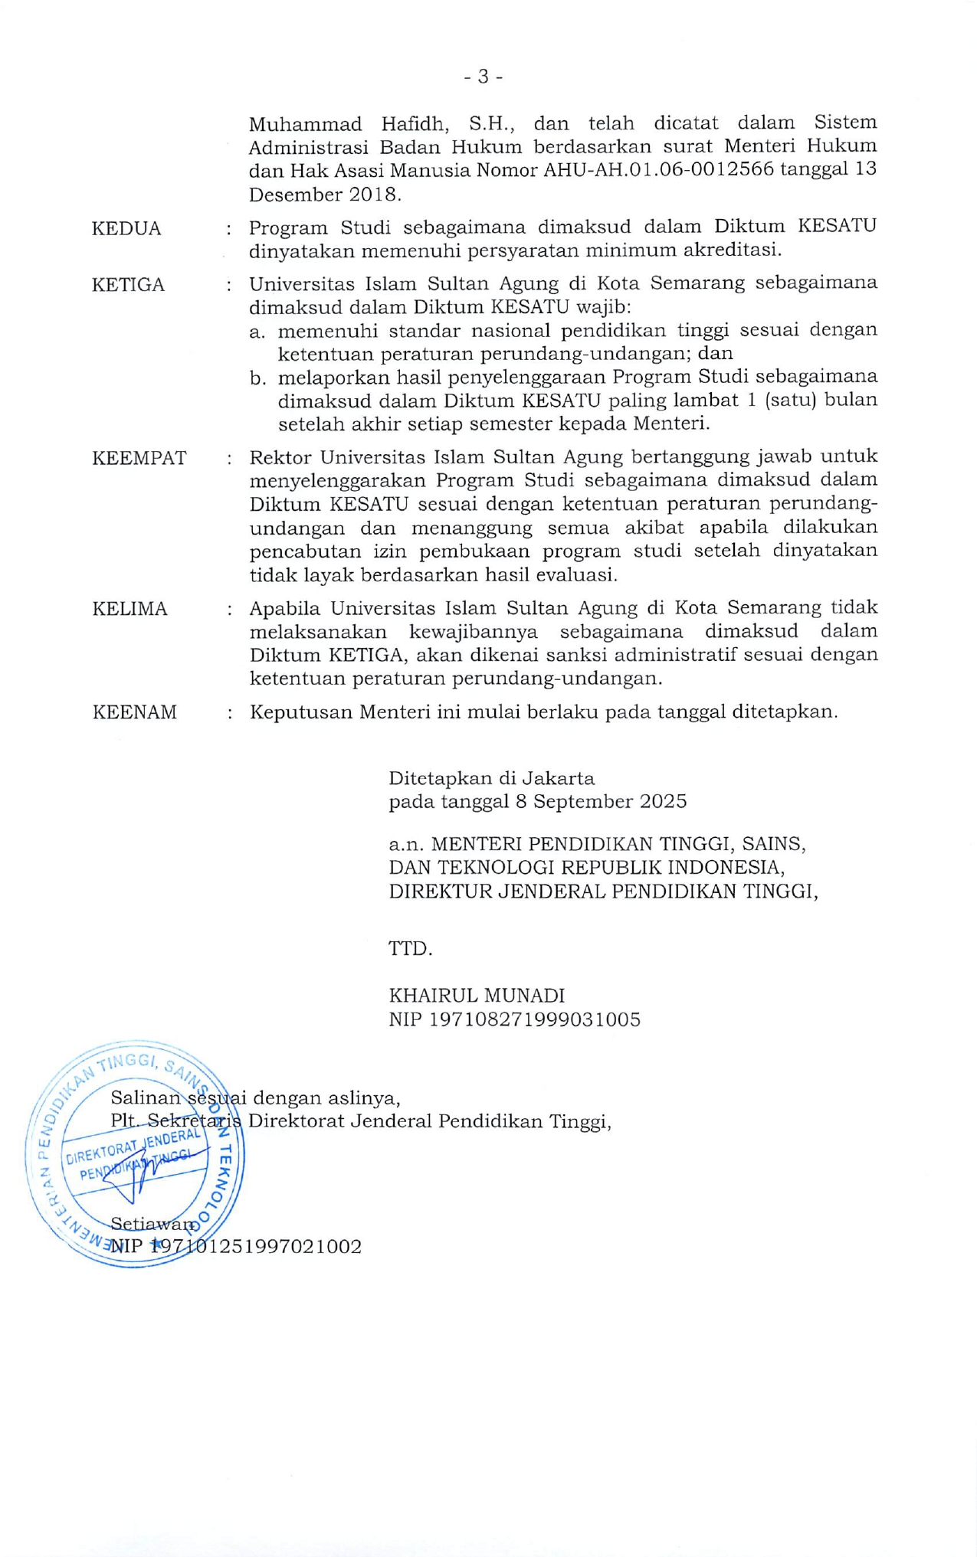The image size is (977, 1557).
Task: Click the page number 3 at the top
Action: (484, 77)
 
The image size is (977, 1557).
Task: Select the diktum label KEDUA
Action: (126, 229)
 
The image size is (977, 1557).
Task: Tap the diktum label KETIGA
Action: (128, 285)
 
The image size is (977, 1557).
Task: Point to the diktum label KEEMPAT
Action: (139, 458)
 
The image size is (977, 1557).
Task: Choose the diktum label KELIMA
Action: (130, 609)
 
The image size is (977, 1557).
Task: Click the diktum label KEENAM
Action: (135, 712)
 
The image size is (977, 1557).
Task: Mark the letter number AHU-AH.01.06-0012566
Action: (658, 170)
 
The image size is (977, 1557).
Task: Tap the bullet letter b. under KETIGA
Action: (257, 378)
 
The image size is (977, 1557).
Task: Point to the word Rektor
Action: (280, 458)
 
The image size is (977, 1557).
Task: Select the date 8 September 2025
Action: (610, 802)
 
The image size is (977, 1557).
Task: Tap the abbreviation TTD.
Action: (411, 949)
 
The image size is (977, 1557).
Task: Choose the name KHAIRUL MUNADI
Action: (477, 996)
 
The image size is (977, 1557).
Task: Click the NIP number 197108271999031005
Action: (534, 1019)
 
